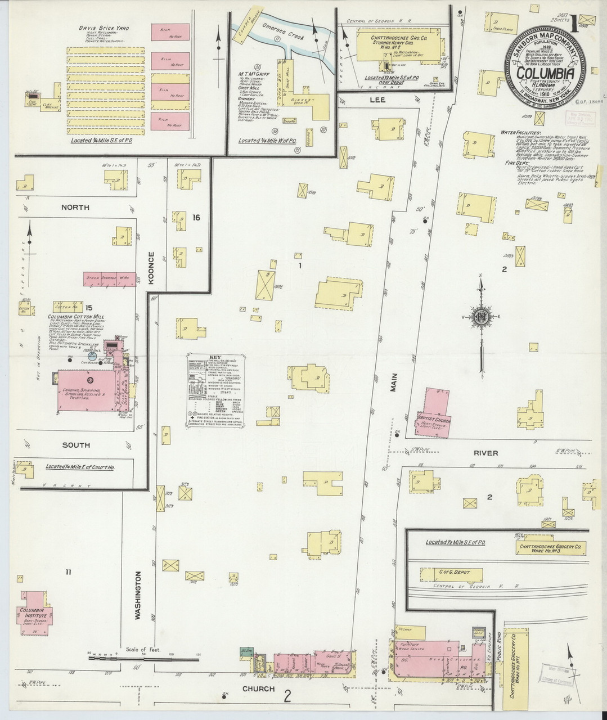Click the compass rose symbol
coord(482,317)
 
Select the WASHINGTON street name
coord(137,595)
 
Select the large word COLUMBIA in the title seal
coord(545,73)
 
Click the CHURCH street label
coord(259,688)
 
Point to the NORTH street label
coord(75,208)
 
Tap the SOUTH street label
coord(76,445)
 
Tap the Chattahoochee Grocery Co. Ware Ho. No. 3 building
coord(550,547)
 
